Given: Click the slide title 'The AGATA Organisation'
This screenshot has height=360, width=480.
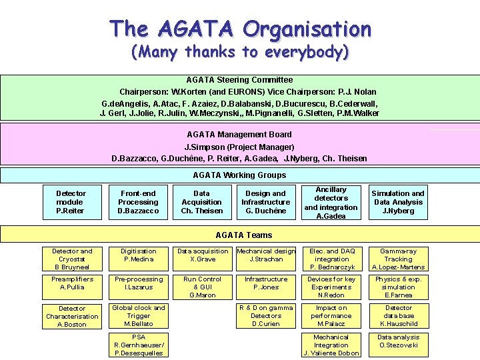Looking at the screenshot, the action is coord(240,29).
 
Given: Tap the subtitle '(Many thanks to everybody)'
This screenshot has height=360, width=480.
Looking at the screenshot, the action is coord(240,52).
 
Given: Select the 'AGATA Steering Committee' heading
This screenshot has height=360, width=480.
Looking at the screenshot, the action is coord(239,80).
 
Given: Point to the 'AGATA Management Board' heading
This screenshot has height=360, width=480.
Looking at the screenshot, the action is coord(239,135).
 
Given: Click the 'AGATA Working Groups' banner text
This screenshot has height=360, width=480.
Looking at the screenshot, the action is coord(239,175).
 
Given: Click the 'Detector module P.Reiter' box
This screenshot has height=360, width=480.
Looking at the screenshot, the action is coord(70,202).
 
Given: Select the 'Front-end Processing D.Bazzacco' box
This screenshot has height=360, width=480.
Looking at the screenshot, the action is coord(139,202).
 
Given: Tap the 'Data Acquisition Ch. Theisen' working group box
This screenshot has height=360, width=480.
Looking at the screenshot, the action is coord(201,202).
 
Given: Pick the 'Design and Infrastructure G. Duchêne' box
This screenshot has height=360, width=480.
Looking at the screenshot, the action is coord(265,202).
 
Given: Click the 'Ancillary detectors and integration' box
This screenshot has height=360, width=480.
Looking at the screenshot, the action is coord(331,203).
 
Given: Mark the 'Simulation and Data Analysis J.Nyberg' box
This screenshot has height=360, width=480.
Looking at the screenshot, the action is coord(398,202).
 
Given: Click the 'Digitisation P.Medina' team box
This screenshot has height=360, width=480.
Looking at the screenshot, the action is coord(139,255).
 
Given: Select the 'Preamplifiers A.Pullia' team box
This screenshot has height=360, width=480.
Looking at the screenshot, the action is coord(73,283).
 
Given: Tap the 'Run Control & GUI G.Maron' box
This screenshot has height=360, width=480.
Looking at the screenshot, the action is coord(203,287).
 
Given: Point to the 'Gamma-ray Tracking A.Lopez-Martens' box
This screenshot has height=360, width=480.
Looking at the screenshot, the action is coord(398,259).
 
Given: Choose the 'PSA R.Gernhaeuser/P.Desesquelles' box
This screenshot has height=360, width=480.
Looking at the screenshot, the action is coord(139,345).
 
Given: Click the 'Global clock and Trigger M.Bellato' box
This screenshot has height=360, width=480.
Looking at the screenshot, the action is coord(139,316).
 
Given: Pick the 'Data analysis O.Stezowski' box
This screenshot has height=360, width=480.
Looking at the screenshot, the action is coord(398,341).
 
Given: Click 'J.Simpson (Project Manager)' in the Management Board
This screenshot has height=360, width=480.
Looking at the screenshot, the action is coord(239,147).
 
